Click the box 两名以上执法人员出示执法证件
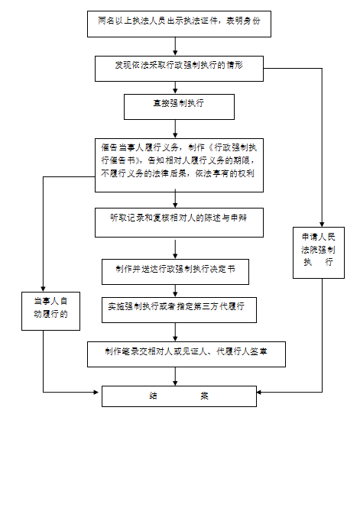point(179,24)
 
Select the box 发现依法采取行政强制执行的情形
point(179,69)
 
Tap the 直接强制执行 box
point(179,107)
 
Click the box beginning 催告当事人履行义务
point(179,165)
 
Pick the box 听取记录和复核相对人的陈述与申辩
point(179,222)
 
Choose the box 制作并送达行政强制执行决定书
point(175,272)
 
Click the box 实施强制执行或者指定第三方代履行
point(179,310)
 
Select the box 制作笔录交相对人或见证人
point(186,354)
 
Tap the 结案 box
point(179,396)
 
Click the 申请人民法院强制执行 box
point(319,253)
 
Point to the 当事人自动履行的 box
point(51,311)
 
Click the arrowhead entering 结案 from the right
point(258,392)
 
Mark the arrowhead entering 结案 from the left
point(96,392)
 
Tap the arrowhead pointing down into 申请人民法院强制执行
point(322,225)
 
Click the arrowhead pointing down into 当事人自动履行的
point(44,289)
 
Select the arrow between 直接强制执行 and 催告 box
point(175,129)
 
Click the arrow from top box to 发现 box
point(175,47)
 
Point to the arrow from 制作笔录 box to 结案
point(175,377)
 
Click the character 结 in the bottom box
point(154,396)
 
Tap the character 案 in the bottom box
point(204,396)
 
